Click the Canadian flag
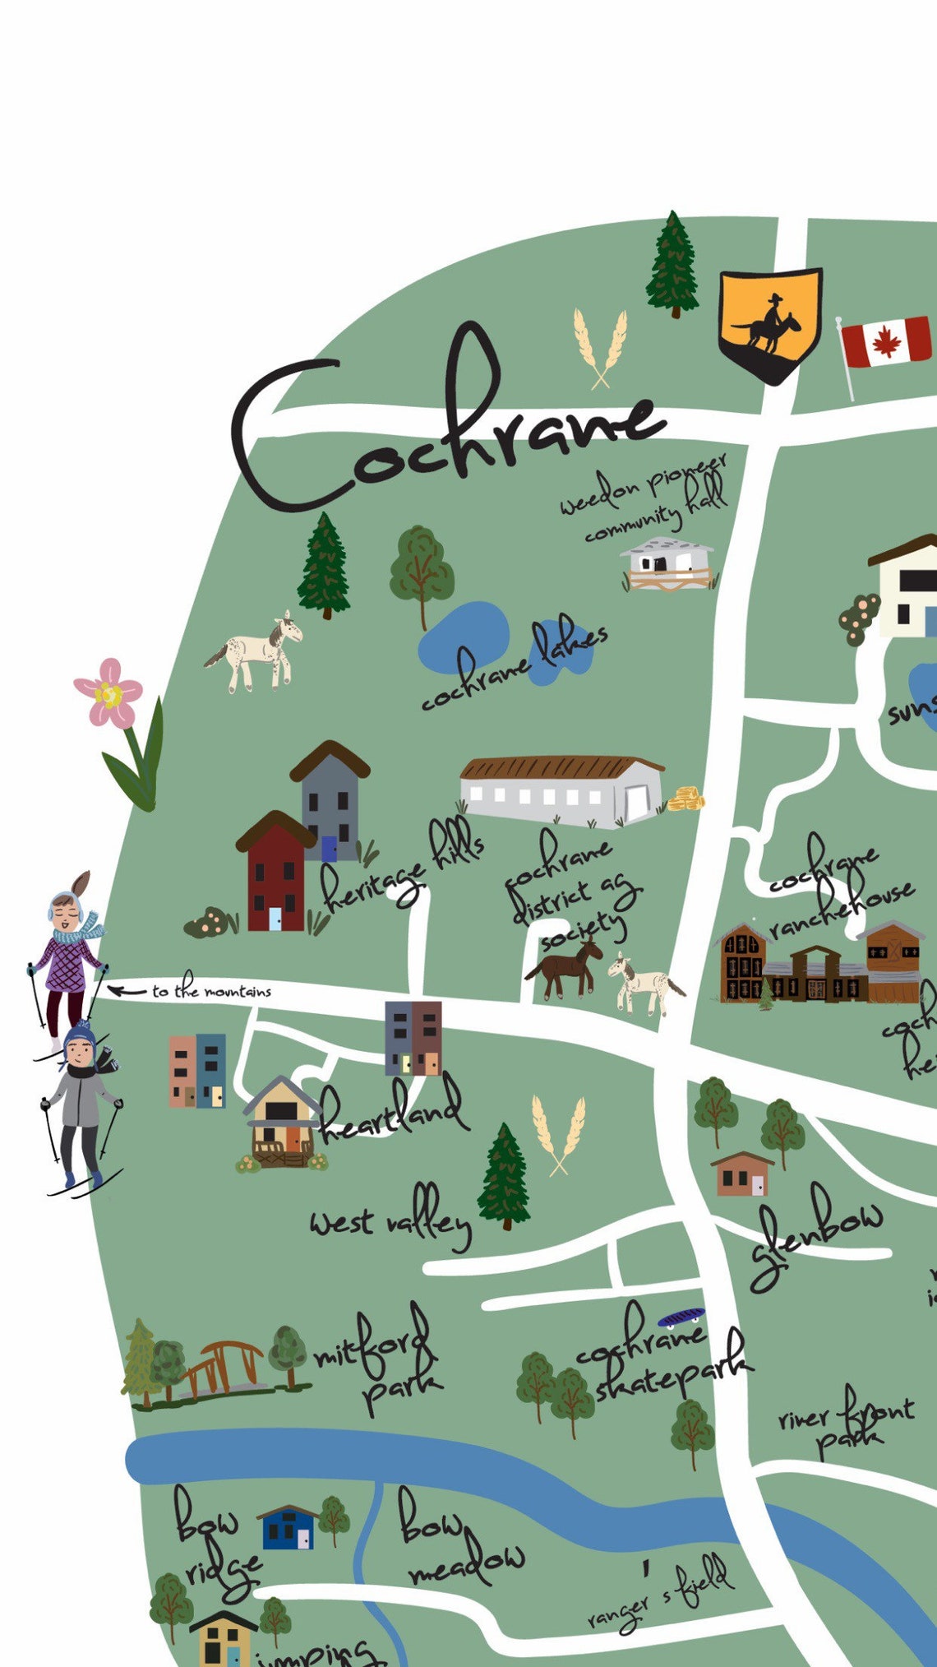click(885, 342)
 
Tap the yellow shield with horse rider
click(770, 323)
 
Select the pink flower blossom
click(108, 693)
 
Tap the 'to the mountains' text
click(211, 991)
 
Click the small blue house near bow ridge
click(287, 1527)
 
